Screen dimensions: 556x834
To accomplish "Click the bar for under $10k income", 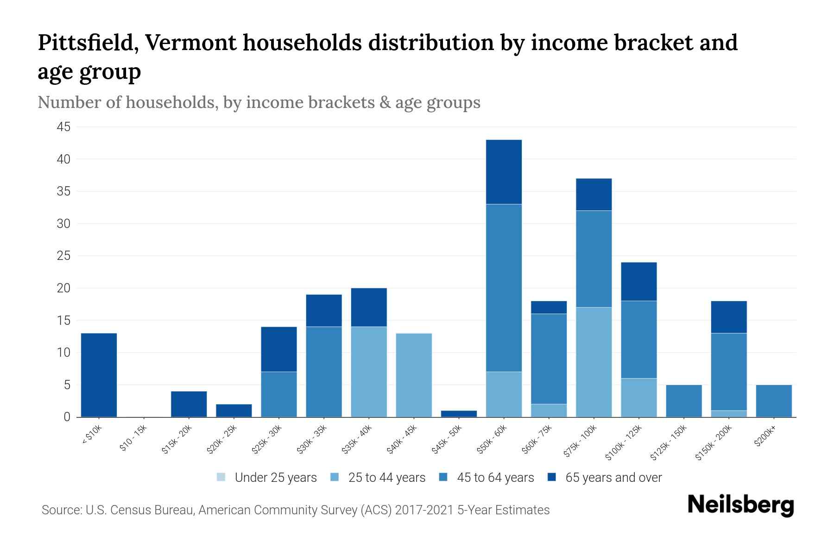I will [x=99, y=375].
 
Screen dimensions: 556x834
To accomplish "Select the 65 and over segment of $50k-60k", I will [x=504, y=172].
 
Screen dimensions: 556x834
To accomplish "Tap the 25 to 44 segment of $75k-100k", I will [x=594, y=362].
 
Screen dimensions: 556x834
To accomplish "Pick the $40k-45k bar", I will [x=414, y=375].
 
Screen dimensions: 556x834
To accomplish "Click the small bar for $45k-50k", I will [x=459, y=414].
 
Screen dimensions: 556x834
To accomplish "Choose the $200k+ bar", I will [x=773, y=401].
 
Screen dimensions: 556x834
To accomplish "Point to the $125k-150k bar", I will [x=683, y=401].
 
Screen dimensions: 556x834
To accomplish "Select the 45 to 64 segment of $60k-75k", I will [x=549, y=359].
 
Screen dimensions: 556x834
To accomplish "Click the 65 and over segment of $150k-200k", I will [x=728, y=317].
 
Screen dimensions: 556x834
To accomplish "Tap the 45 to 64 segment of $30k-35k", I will [x=324, y=372].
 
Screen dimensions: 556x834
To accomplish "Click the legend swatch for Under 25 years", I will [x=221, y=477].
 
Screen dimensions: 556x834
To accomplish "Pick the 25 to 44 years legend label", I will [x=386, y=477].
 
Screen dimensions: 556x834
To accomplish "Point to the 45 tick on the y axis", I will [x=64, y=127].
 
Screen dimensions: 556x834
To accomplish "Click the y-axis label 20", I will [x=64, y=288].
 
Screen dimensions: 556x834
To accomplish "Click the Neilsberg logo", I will [x=740, y=505].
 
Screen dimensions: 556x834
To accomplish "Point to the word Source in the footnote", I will [x=61, y=510].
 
